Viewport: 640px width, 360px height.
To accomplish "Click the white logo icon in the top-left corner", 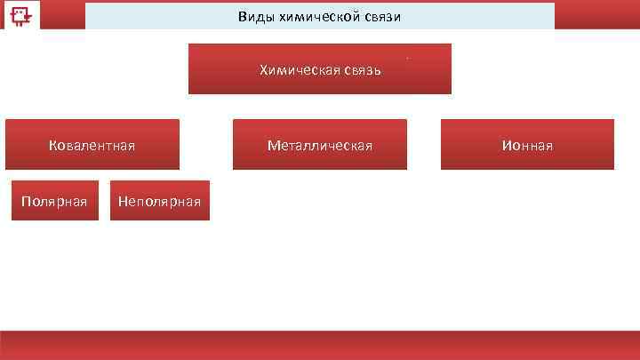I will pos(19,14).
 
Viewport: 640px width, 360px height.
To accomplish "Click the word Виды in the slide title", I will pos(255,18).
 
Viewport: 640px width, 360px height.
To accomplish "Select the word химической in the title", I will pos(314,18).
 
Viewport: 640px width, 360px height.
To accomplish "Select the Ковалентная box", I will pos(92,144).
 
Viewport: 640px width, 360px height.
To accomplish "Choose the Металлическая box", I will pos(320,144).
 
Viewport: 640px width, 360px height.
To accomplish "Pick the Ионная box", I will pos(527,144).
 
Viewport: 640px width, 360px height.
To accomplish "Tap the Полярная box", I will pos(54,201).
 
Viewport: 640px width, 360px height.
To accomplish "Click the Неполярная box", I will pos(160,201).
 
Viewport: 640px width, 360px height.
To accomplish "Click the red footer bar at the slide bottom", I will pos(320,345).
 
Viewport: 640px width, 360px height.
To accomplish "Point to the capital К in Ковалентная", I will pos(52,145).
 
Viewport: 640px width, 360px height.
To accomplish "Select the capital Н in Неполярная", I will pos(123,202).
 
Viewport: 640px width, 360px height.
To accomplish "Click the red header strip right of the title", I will pos(596,15).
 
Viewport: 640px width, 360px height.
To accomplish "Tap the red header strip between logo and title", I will pos(63,15).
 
